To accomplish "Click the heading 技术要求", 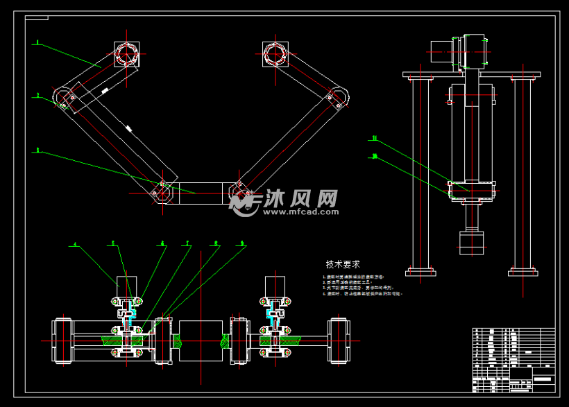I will pyautogui.click(x=343, y=264).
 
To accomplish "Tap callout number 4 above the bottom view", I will pyautogui.click(x=76, y=244).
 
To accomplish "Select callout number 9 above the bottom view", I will pyautogui.click(x=242, y=243).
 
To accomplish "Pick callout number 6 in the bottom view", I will pyautogui.click(x=162, y=243).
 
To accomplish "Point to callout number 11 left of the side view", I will pyautogui.click(x=373, y=138).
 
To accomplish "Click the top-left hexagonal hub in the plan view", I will pyautogui.click(x=126, y=53).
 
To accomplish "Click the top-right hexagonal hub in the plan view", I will pyautogui.click(x=275, y=53).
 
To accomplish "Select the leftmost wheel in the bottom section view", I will pyautogui.click(x=63, y=340).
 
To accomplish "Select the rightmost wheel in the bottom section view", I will pyautogui.click(x=339, y=340).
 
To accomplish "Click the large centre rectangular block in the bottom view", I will pyautogui.click(x=201, y=340).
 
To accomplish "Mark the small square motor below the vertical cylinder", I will pyautogui.click(x=472, y=243).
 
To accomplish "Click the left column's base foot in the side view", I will pyautogui.click(x=421, y=271).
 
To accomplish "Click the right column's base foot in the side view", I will pyautogui.click(x=523, y=271).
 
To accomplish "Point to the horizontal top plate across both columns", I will pyautogui.click(x=472, y=73).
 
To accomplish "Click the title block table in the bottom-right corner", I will pyautogui.click(x=513, y=360).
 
